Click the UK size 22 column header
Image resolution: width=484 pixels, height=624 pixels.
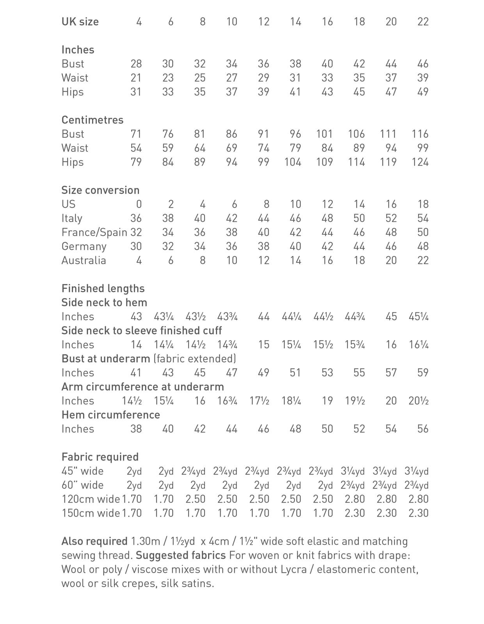click(423, 21)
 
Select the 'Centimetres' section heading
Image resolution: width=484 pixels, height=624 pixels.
click(92, 120)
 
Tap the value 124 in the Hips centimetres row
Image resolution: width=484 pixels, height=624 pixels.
click(420, 162)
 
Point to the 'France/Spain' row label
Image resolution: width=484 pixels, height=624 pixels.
click(94, 232)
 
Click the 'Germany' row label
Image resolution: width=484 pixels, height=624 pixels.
click(84, 246)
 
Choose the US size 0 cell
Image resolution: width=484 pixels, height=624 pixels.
click(139, 204)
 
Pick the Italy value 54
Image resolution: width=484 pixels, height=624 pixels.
click(423, 218)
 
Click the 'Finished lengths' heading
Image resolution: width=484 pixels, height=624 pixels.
click(103, 288)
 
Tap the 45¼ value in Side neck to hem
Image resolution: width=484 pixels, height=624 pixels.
click(418, 316)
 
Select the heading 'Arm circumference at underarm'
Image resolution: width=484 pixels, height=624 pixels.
click(143, 386)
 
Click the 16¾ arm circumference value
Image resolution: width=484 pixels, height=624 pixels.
click(227, 401)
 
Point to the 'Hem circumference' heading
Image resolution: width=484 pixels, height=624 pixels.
click(111, 415)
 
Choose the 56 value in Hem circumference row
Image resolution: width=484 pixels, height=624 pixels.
click(423, 429)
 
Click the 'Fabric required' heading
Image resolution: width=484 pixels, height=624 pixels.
click(100, 457)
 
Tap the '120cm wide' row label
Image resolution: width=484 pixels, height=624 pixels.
click(91, 499)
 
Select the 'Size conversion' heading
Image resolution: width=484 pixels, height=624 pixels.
click(100, 190)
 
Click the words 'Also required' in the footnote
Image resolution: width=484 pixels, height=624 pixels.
click(94, 541)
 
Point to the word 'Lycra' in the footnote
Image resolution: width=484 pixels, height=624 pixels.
click(294, 569)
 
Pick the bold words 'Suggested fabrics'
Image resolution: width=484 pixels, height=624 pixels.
click(181, 555)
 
